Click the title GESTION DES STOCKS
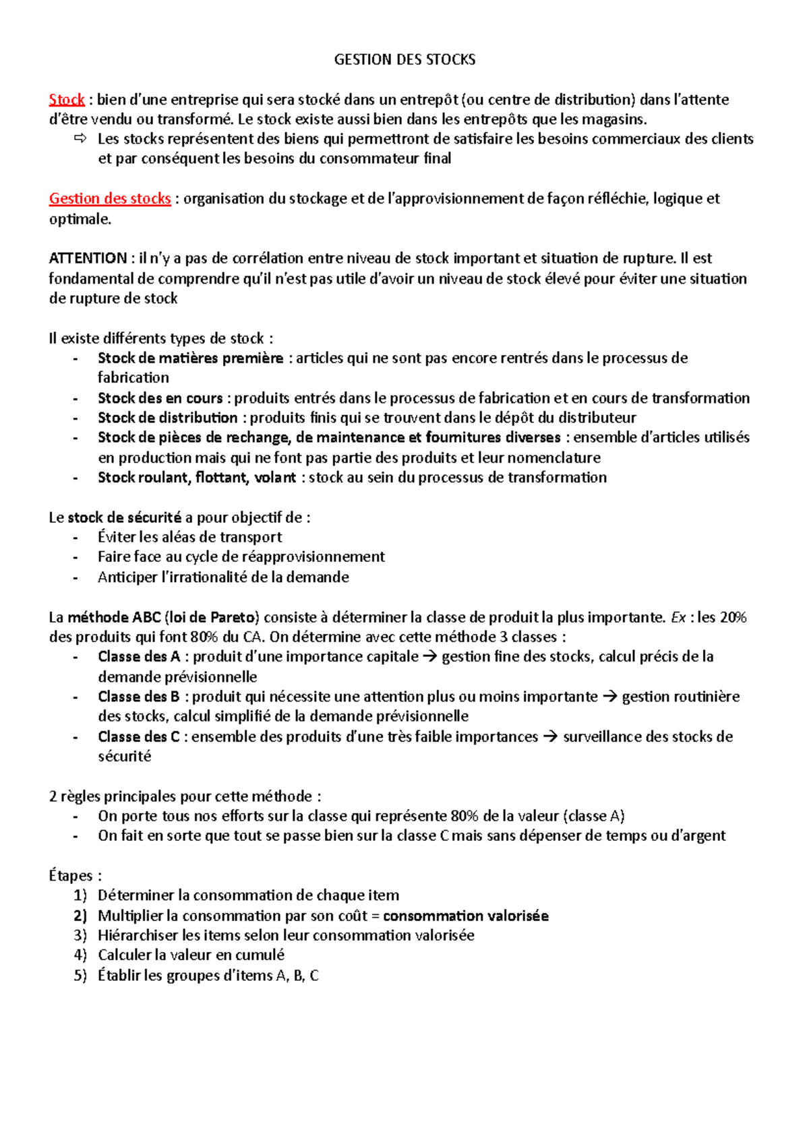(404, 60)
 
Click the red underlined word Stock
(67, 100)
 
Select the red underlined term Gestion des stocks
(110, 199)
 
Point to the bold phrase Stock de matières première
(190, 358)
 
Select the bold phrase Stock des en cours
(160, 398)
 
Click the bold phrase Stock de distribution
(167, 418)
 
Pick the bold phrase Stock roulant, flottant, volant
(197, 478)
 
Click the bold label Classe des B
(138, 697)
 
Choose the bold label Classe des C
(138, 736)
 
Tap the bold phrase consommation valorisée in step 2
(465, 916)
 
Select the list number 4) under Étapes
(81, 955)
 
